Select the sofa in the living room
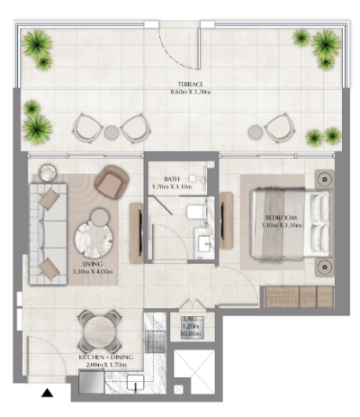pyautogui.click(x=45, y=231)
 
